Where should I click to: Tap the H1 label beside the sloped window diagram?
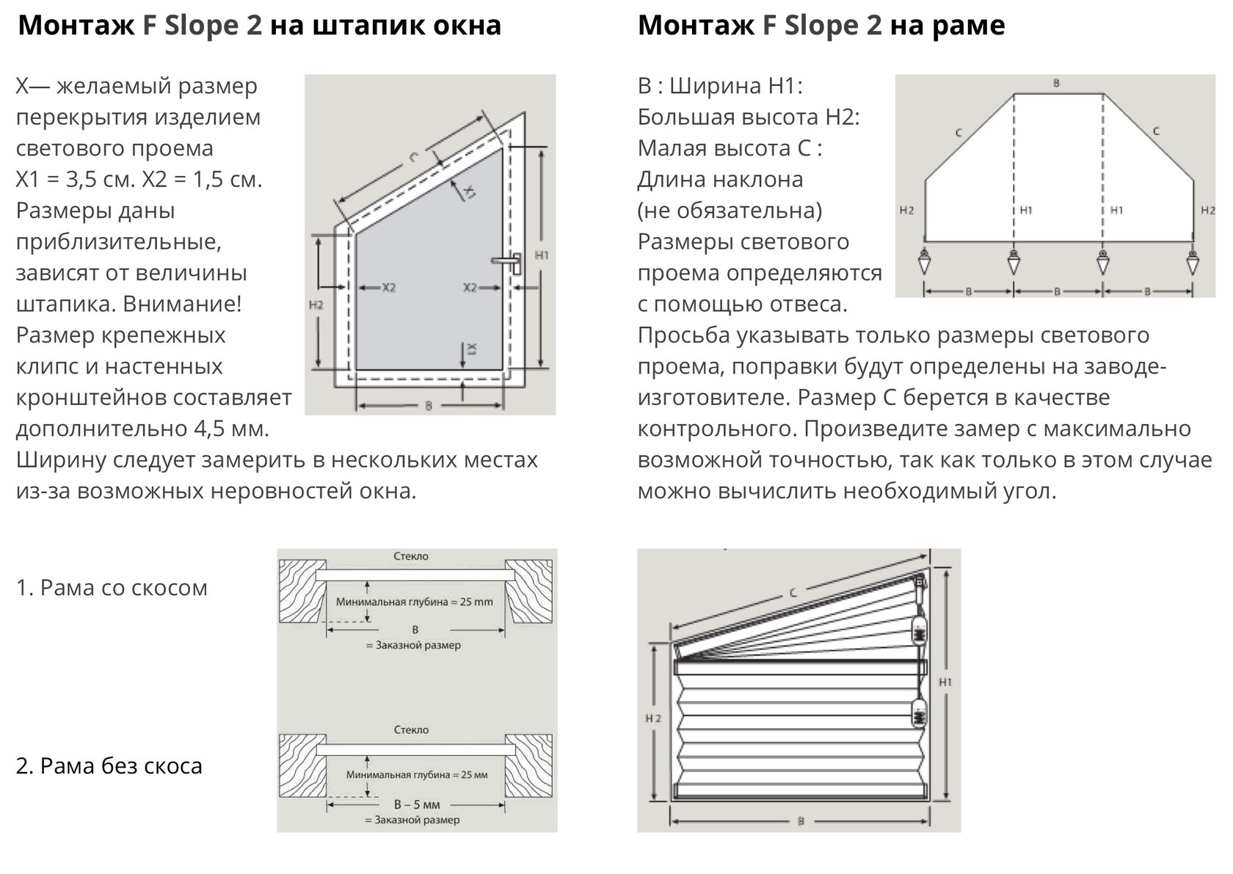point(542,255)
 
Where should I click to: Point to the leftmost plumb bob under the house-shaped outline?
point(925,261)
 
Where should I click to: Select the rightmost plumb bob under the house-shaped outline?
point(1193,261)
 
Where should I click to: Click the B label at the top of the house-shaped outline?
point(1057,84)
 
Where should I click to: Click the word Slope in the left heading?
point(201,26)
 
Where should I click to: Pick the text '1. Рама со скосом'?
point(112,588)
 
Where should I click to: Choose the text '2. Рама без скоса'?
point(109,766)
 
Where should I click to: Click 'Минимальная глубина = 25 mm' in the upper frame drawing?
point(415,602)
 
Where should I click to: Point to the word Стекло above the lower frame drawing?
point(411,730)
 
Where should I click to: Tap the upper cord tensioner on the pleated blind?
point(918,630)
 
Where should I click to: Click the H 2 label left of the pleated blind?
point(653,718)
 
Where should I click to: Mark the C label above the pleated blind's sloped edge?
point(793,592)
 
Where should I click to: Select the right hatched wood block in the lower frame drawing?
point(528,764)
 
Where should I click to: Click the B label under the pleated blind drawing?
point(801,821)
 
